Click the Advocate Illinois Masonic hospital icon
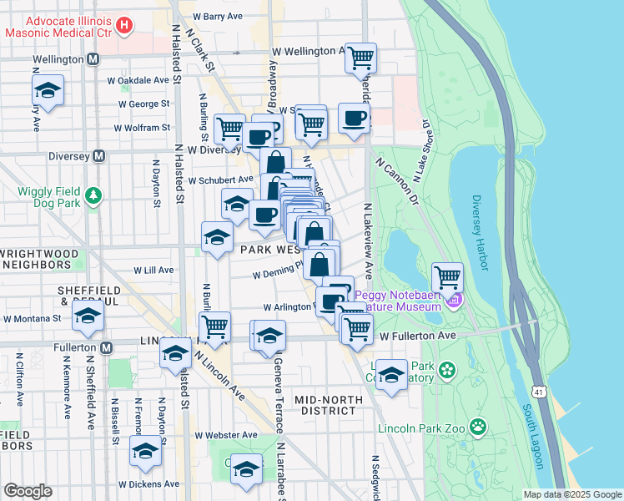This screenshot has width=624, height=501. click(x=124, y=26)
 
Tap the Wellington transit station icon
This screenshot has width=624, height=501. click(x=93, y=60)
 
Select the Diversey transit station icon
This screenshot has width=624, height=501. click(x=99, y=155)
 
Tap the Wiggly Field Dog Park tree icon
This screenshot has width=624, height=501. click(x=94, y=195)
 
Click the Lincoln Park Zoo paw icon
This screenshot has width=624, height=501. click(x=478, y=428)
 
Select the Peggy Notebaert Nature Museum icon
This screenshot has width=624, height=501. click(x=453, y=300)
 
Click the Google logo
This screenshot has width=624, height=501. click(x=28, y=491)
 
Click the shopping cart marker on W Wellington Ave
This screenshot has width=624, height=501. click(x=360, y=57)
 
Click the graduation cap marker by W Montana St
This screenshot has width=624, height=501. click(x=88, y=316)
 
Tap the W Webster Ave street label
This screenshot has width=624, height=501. click(x=226, y=435)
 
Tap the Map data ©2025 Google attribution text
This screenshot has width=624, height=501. click(x=571, y=494)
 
